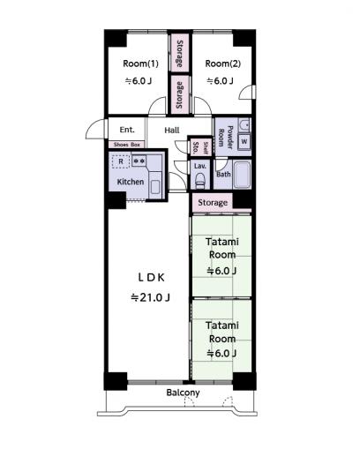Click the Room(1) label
click(x=140, y=64)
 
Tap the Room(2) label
click(x=222, y=64)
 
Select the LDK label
click(x=151, y=278)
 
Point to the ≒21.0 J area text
click(x=150, y=298)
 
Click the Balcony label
click(x=183, y=393)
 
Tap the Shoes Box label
click(x=127, y=145)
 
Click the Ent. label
click(x=127, y=130)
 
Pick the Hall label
click(x=172, y=130)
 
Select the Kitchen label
click(x=131, y=182)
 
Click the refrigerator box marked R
click(x=121, y=161)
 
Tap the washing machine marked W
click(x=244, y=142)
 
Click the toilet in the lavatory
click(x=200, y=180)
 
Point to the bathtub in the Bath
click(x=242, y=175)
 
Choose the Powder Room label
click(x=226, y=137)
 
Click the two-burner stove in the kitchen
click(x=139, y=161)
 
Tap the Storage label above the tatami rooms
click(x=213, y=203)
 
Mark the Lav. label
click(x=200, y=166)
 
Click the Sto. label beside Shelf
click(x=196, y=148)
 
